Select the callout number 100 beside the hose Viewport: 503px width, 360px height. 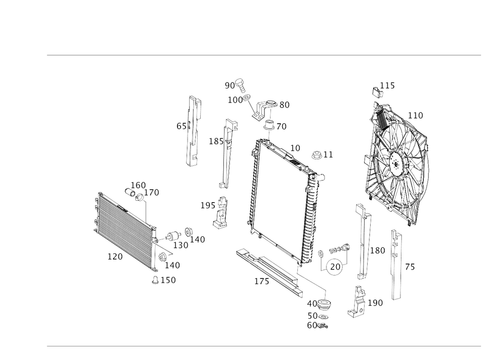[234, 101]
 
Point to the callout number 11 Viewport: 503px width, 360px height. [327, 154]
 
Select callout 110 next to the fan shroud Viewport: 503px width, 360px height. [415, 116]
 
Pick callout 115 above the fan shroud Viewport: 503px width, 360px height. [387, 85]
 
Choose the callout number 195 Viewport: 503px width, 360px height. [207, 205]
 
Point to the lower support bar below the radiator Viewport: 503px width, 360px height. [269, 269]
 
